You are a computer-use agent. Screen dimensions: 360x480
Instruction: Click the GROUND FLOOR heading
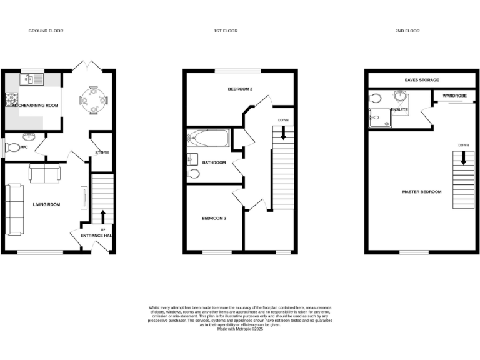click(46, 31)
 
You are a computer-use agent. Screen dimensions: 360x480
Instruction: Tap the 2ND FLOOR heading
click(407, 31)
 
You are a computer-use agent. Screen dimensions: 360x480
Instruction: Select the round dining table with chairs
click(93, 99)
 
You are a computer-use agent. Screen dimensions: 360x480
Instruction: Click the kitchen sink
click(29, 79)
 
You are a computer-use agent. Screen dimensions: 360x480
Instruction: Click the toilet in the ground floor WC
click(12, 148)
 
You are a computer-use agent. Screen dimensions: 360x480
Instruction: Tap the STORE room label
click(102, 152)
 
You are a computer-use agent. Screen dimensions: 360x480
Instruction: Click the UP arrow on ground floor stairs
click(103, 216)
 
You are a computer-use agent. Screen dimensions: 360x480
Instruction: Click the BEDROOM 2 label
click(240, 89)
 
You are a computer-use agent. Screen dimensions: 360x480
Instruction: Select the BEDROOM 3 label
click(214, 218)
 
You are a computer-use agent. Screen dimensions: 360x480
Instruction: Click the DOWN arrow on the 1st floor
click(283, 132)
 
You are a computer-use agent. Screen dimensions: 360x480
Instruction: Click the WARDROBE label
click(454, 96)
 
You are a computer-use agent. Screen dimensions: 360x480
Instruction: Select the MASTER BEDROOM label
click(421, 192)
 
